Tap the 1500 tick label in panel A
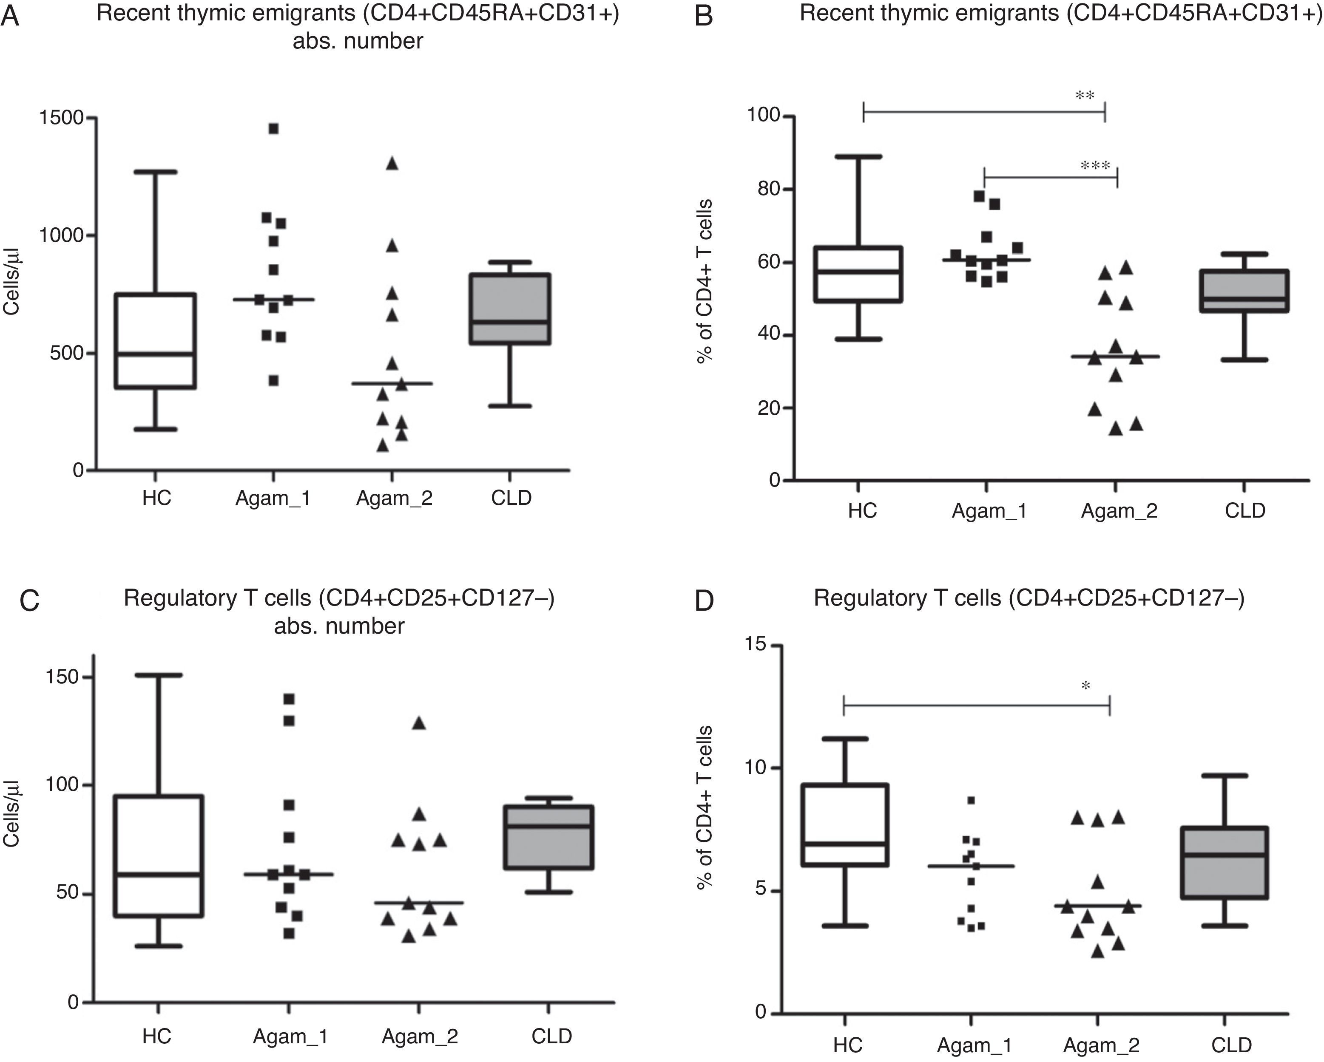(61, 117)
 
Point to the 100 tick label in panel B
(763, 116)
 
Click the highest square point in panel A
(273, 128)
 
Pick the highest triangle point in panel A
(392, 163)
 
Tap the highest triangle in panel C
(419, 723)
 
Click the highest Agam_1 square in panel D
(971, 801)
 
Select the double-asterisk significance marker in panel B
(1085, 96)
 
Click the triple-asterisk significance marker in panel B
(1096, 166)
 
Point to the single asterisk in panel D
(1086, 686)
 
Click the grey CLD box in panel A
(510, 309)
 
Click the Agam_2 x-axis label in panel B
(1119, 511)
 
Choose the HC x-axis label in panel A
(156, 498)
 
